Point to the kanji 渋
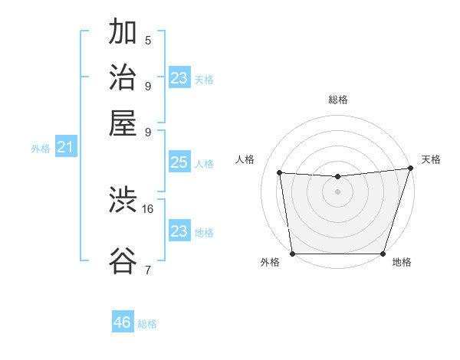(123, 201)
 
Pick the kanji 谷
(123, 260)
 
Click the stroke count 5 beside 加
(148, 41)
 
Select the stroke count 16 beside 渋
(148, 208)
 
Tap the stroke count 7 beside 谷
(148, 269)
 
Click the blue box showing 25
(179, 162)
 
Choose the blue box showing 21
(64, 147)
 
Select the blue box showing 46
(123, 322)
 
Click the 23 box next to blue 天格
(179, 78)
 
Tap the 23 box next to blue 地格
(179, 231)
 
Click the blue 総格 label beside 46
(148, 324)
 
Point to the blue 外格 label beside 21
(41, 149)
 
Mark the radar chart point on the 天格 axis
(410, 169)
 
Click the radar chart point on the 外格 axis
(292, 254)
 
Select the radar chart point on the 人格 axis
(280, 173)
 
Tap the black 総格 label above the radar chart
(337, 100)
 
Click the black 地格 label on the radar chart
(402, 263)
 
